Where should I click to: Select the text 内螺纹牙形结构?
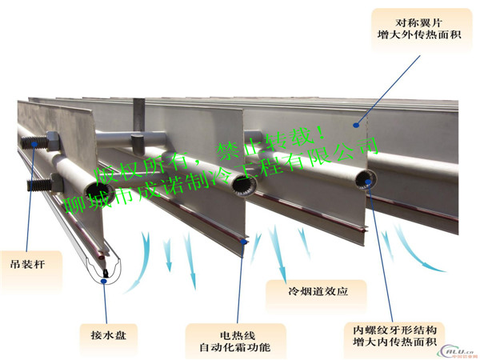(x=394, y=330)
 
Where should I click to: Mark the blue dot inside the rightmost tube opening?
(x=368, y=182)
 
